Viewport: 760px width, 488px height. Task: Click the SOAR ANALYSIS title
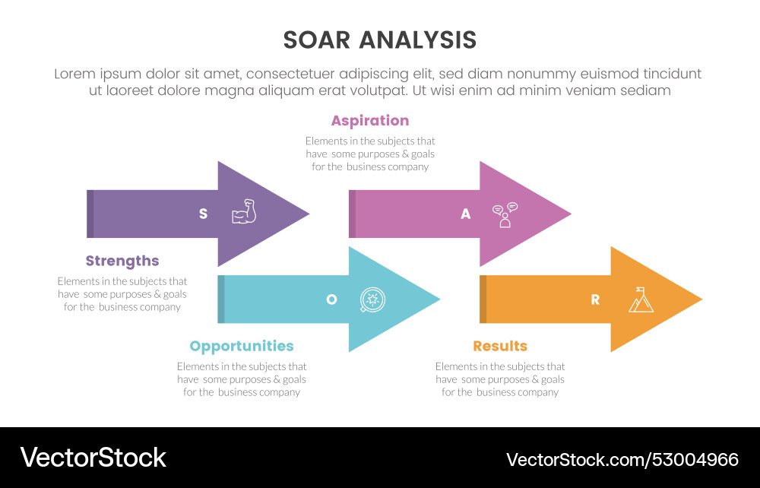(x=380, y=40)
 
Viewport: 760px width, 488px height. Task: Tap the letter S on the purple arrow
(x=203, y=214)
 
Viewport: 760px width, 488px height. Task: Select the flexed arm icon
(x=244, y=212)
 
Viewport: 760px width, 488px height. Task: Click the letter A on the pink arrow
(x=465, y=214)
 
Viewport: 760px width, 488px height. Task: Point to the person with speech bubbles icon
(x=505, y=214)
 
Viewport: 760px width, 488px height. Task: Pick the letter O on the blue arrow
(x=331, y=299)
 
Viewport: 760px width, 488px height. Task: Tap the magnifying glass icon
(x=372, y=299)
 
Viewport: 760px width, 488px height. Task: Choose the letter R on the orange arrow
(x=595, y=299)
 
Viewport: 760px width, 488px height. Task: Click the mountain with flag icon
(x=641, y=299)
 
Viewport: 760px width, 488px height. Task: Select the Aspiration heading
(x=370, y=120)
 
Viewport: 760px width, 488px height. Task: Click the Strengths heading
(x=122, y=261)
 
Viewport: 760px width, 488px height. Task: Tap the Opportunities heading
(x=242, y=346)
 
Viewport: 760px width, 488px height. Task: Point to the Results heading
(x=500, y=346)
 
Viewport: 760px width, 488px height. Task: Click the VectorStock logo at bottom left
(x=93, y=458)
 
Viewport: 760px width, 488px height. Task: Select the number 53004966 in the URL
(x=696, y=459)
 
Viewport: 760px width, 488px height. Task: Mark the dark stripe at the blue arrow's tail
(x=221, y=299)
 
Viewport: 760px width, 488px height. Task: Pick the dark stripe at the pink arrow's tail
(x=352, y=214)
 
